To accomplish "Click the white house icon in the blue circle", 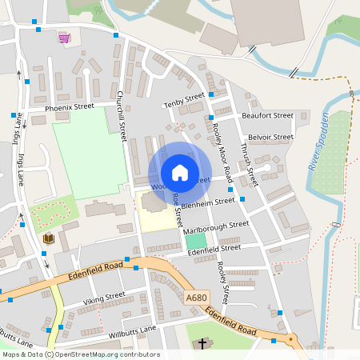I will (180, 173).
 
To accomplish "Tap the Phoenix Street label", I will (70, 106).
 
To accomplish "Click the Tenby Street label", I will (184, 102).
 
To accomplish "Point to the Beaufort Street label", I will (267, 116).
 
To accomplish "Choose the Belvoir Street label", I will (270, 137).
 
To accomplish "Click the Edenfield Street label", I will (214, 250).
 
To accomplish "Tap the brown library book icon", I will (48, 239).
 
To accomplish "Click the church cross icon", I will (202, 344).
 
